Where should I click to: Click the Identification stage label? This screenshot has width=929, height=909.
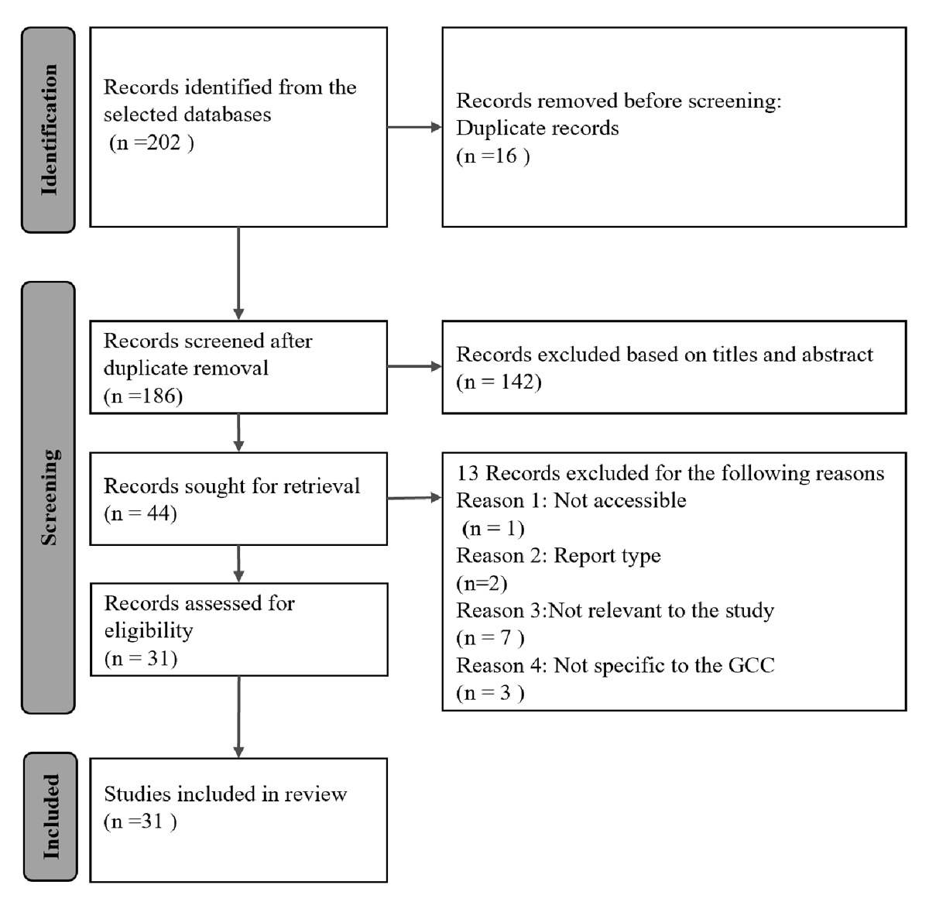tap(50, 130)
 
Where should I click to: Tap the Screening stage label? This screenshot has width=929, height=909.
tap(50, 497)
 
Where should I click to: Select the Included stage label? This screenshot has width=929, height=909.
tap(51, 817)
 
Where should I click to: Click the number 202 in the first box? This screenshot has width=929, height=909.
tap(164, 142)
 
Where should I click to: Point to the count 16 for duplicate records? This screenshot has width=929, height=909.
tap(506, 156)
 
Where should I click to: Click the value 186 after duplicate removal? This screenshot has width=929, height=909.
tap(159, 396)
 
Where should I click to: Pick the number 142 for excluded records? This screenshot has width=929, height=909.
tap(517, 382)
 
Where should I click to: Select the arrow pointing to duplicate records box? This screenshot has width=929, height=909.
tap(414, 127)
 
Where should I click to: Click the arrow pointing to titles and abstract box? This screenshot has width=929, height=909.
tap(414, 366)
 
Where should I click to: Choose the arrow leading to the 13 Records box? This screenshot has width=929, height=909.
tap(414, 498)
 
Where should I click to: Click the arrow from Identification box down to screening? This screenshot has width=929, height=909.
tap(238, 273)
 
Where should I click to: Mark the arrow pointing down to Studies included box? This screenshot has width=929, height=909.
tap(238, 717)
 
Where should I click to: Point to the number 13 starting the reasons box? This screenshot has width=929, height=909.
tap(468, 473)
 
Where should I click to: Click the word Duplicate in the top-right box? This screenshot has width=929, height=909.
tap(495, 129)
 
